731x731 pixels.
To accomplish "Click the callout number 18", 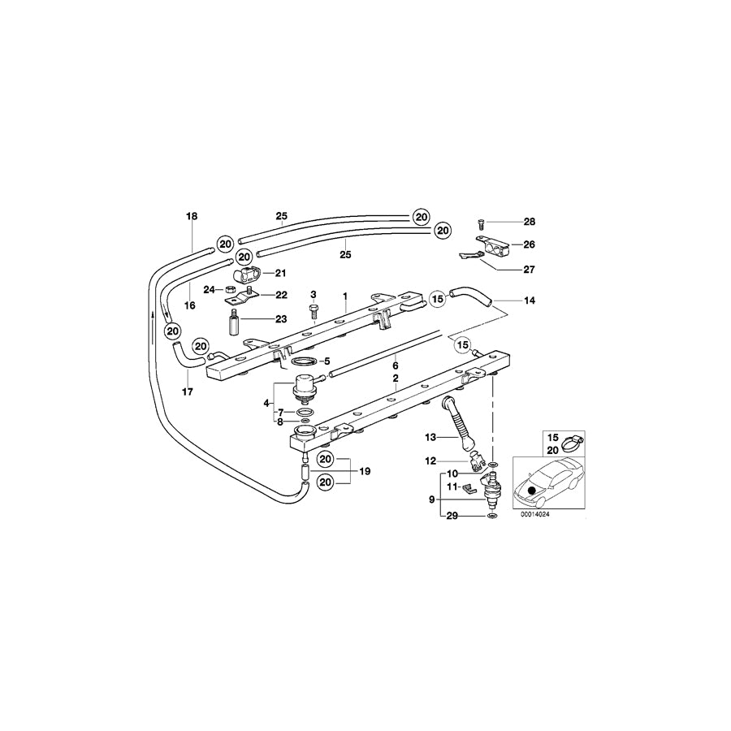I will pyautogui.click(x=192, y=217).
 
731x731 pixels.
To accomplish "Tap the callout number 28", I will pyautogui.click(x=530, y=222).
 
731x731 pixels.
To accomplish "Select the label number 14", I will pyautogui.click(x=530, y=301).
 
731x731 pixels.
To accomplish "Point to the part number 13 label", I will pyautogui.click(x=430, y=436).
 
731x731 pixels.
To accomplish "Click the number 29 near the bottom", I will pyautogui.click(x=452, y=516).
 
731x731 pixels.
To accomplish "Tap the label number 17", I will pyautogui.click(x=188, y=392).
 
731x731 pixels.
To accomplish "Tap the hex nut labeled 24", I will pyautogui.click(x=230, y=288).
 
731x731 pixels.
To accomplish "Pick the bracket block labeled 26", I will pyautogui.click(x=494, y=242).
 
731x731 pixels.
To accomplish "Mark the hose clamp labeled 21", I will pyautogui.click(x=247, y=271).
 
